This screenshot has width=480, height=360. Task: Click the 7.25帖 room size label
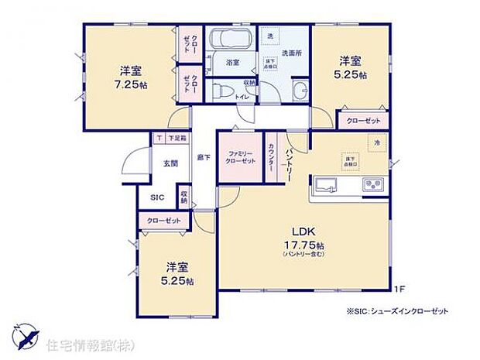[x=130, y=85]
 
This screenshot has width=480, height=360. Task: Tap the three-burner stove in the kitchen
[x=372, y=185]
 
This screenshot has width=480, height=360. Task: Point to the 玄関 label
[x=170, y=163]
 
